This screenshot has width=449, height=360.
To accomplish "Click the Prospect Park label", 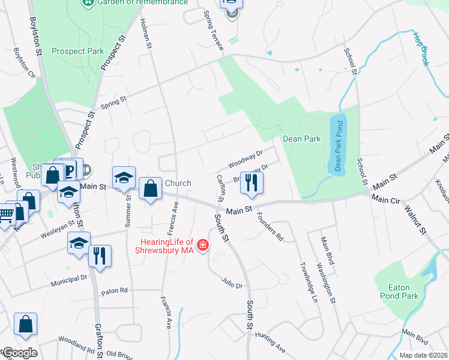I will (x=76, y=51).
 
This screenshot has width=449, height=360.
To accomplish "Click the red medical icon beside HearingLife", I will (x=203, y=245).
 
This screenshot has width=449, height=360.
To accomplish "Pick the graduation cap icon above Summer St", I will (x=124, y=178).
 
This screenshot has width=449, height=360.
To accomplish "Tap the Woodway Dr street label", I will (x=246, y=160).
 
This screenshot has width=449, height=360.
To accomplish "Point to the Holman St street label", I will (x=145, y=30).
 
